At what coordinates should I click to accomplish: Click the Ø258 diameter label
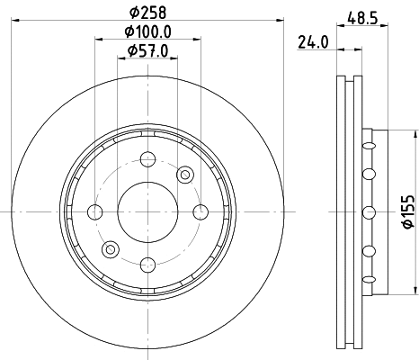147,13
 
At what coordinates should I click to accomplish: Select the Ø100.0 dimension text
147,31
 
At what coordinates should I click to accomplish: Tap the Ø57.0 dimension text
147,50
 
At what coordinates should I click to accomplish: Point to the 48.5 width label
362,18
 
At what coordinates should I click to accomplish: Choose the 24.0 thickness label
313,42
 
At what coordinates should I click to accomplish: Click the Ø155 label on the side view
408,211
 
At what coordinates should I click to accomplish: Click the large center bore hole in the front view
147,212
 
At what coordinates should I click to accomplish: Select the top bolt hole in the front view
147,159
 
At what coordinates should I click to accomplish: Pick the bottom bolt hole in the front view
147,265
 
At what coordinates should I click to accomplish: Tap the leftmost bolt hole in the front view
95,212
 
